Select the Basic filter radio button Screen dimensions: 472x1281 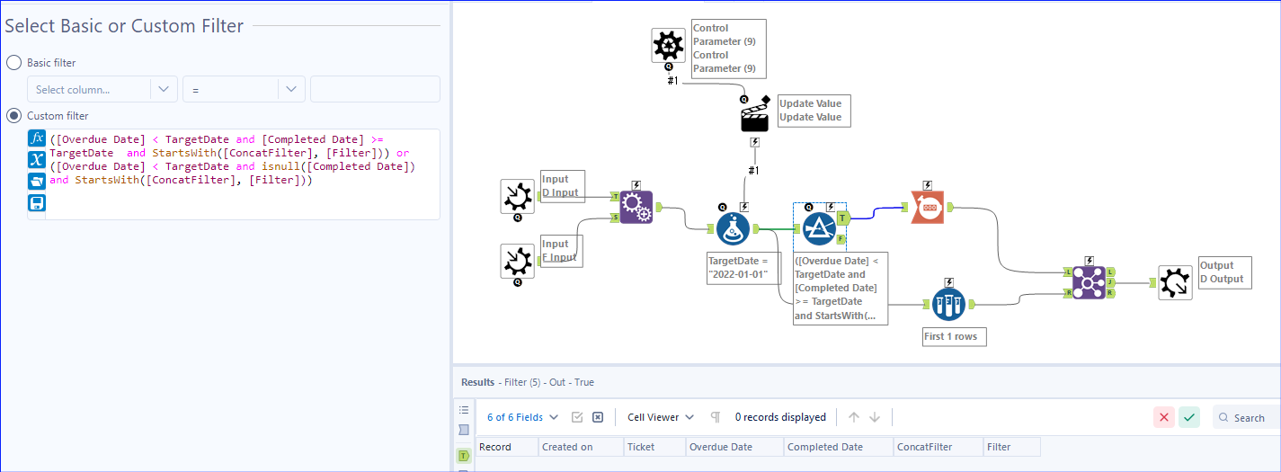pos(14,63)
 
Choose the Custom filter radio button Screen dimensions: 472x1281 pos(14,116)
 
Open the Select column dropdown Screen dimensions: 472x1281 pos(102,90)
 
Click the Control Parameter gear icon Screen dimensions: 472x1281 pos(668,45)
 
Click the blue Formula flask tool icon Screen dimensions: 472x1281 pos(734,230)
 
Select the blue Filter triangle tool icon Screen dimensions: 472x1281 pos(819,229)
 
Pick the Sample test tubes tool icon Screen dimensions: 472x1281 pos(948,305)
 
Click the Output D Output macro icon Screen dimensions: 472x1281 pos(1175,282)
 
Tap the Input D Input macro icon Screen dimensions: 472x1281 pos(518,196)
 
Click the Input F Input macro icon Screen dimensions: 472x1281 pos(518,261)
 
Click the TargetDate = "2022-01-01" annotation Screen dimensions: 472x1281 pos(738,267)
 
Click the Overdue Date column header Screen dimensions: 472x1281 pos(721,447)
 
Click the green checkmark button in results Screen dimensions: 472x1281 pos(1189,417)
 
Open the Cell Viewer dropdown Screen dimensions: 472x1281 pos(661,417)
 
